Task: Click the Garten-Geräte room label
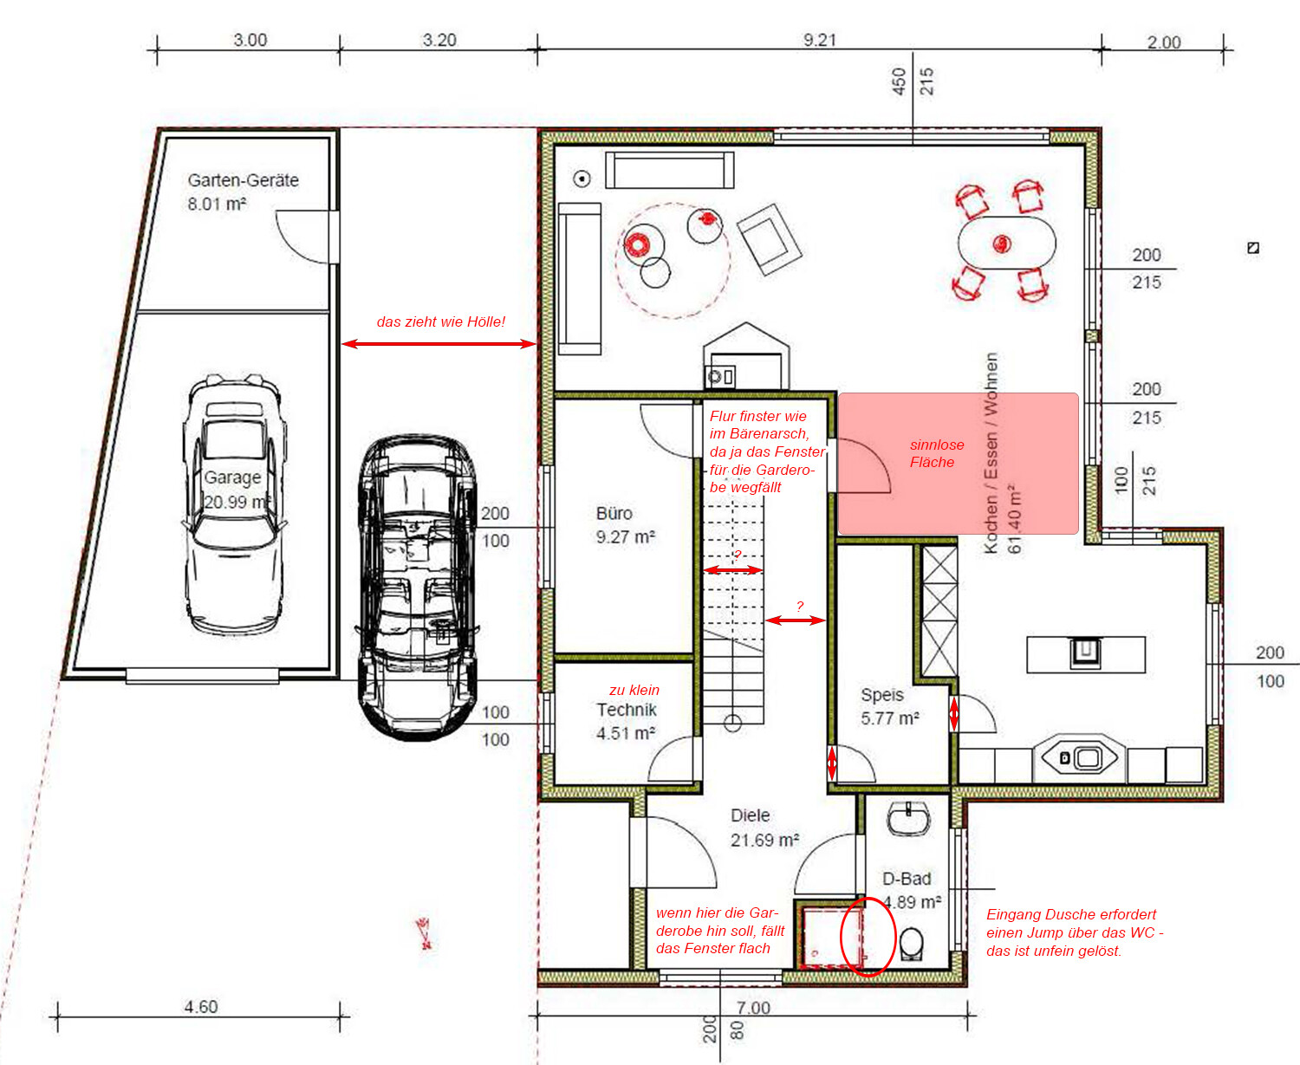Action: [243, 180]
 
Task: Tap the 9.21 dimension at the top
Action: [820, 40]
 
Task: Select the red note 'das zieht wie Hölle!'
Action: [441, 321]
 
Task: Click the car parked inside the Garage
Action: [234, 504]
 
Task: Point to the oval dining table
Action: [1006, 243]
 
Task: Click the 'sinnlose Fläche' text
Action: [937, 453]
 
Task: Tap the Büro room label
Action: [614, 513]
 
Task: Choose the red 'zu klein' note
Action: [634, 690]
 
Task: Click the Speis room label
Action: [882, 695]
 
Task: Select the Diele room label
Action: [751, 815]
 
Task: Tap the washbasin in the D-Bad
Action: [908, 819]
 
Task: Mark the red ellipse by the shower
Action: [868, 938]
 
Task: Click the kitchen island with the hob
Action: [1085, 654]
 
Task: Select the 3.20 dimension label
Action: [439, 40]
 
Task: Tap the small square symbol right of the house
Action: [1253, 248]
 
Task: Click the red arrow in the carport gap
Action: [439, 344]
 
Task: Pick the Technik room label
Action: [627, 710]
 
